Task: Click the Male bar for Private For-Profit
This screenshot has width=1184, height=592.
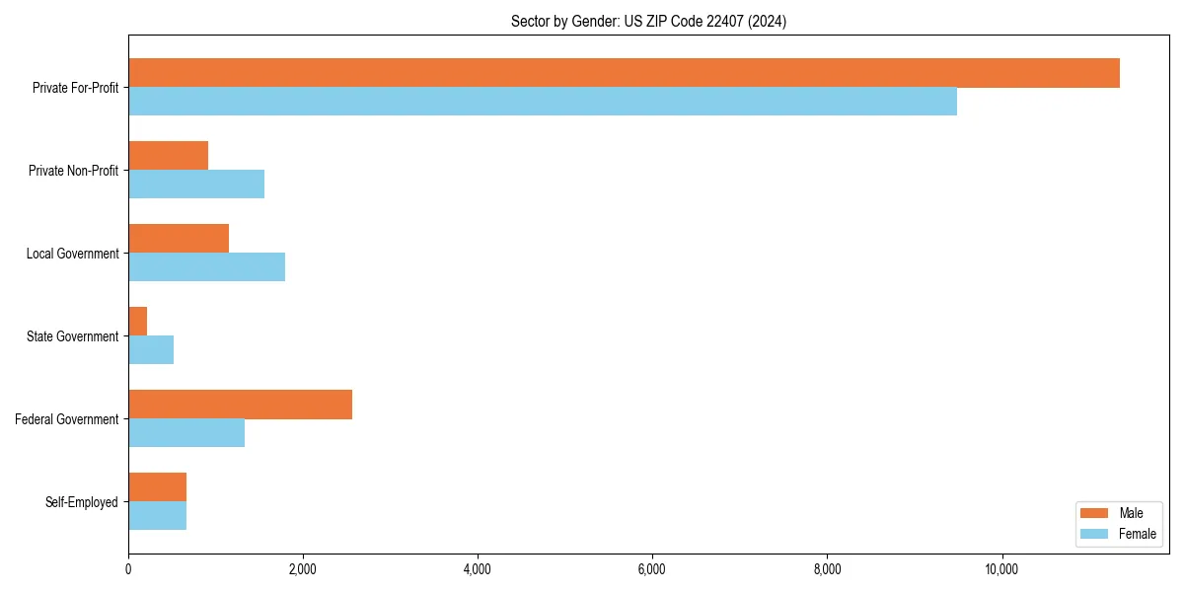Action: coord(624,73)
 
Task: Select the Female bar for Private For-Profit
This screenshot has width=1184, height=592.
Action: coord(543,102)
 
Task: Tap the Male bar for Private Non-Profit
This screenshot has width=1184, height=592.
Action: coord(168,156)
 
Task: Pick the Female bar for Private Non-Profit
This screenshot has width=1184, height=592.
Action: coord(196,185)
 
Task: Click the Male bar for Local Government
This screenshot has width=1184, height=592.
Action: coord(179,239)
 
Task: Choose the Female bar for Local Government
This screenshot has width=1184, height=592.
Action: coord(206,267)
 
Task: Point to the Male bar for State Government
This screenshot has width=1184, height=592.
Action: coord(138,322)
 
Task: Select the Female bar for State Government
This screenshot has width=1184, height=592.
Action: coord(151,350)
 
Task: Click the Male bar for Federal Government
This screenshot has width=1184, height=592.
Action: coord(240,405)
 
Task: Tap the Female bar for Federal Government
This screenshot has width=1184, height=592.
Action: coord(186,433)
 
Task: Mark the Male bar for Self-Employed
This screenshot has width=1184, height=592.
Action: coord(157,487)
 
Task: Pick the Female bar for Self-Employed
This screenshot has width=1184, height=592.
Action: coord(157,516)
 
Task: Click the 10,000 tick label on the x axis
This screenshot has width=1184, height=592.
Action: coord(1001,569)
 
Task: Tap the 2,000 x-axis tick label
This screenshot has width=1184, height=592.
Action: coord(303,569)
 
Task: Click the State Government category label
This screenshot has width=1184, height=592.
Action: coord(73,336)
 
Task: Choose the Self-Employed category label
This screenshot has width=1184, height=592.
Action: coord(82,502)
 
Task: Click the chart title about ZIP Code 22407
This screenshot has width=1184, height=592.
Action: coord(648,21)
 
